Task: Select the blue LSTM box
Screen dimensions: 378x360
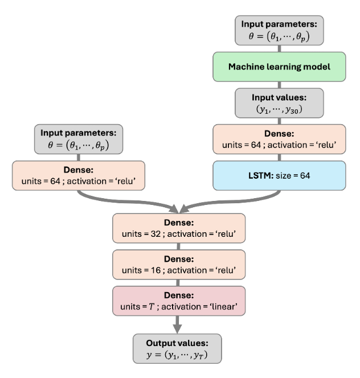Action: tap(279, 175)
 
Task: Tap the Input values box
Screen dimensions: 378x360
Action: tap(279, 103)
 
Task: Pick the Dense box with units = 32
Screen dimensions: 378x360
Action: tap(179, 229)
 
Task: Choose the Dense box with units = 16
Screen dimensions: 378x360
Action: tap(179, 265)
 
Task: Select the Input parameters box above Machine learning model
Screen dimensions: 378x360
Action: tap(279, 31)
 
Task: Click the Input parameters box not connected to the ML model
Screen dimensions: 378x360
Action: tap(79, 139)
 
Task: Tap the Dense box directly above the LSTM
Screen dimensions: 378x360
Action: tap(279, 139)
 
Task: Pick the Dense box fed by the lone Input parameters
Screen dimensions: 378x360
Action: tap(79, 175)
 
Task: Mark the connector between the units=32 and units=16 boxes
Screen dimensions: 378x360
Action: tap(179, 247)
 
